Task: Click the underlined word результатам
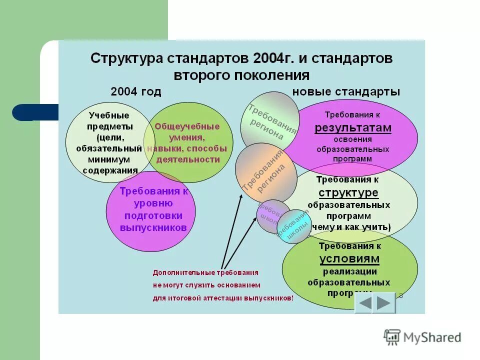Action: (x=353, y=128)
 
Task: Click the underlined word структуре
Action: (x=348, y=193)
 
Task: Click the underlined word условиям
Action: (x=349, y=258)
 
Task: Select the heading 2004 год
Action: (x=136, y=91)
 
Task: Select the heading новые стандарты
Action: (x=346, y=91)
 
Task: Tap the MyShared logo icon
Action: (x=392, y=337)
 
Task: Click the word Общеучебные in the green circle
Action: (x=187, y=126)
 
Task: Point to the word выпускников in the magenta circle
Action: (x=153, y=227)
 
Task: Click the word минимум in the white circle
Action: (x=110, y=159)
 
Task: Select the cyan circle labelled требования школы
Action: (x=294, y=226)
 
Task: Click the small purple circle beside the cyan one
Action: (x=271, y=215)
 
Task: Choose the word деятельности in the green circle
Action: (x=188, y=159)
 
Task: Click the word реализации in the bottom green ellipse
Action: (x=349, y=271)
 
